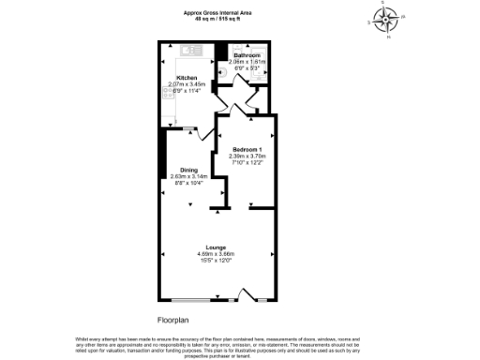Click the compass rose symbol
click(385, 18)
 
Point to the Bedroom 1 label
click(248, 148)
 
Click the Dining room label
click(189, 170)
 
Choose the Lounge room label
click(215, 247)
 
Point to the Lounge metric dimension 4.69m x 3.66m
click(215, 253)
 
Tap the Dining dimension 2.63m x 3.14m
click(189, 176)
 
